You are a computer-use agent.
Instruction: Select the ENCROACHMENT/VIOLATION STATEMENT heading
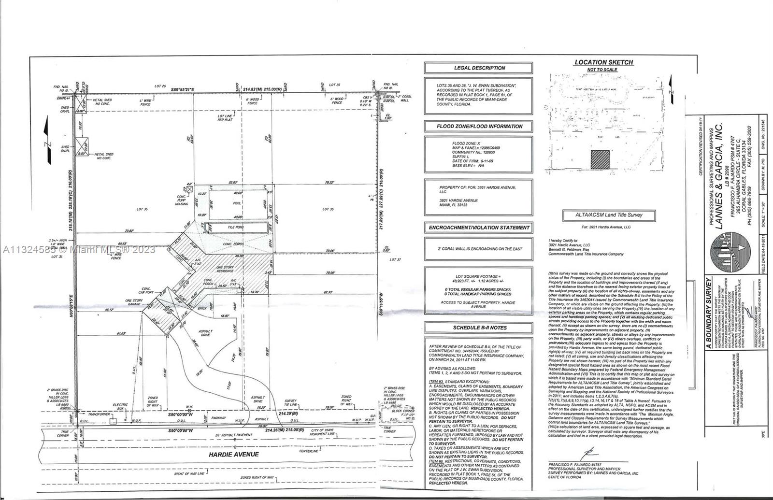(478, 228)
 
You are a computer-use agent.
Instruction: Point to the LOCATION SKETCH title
(603, 62)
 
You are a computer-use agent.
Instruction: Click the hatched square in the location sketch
(600, 158)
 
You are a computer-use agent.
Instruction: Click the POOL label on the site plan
(237, 204)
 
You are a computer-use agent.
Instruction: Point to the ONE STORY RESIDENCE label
(225, 269)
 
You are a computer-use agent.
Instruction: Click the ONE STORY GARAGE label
(134, 302)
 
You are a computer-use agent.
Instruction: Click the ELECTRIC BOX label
(120, 406)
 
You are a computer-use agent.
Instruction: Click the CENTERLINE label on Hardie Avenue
(308, 451)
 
